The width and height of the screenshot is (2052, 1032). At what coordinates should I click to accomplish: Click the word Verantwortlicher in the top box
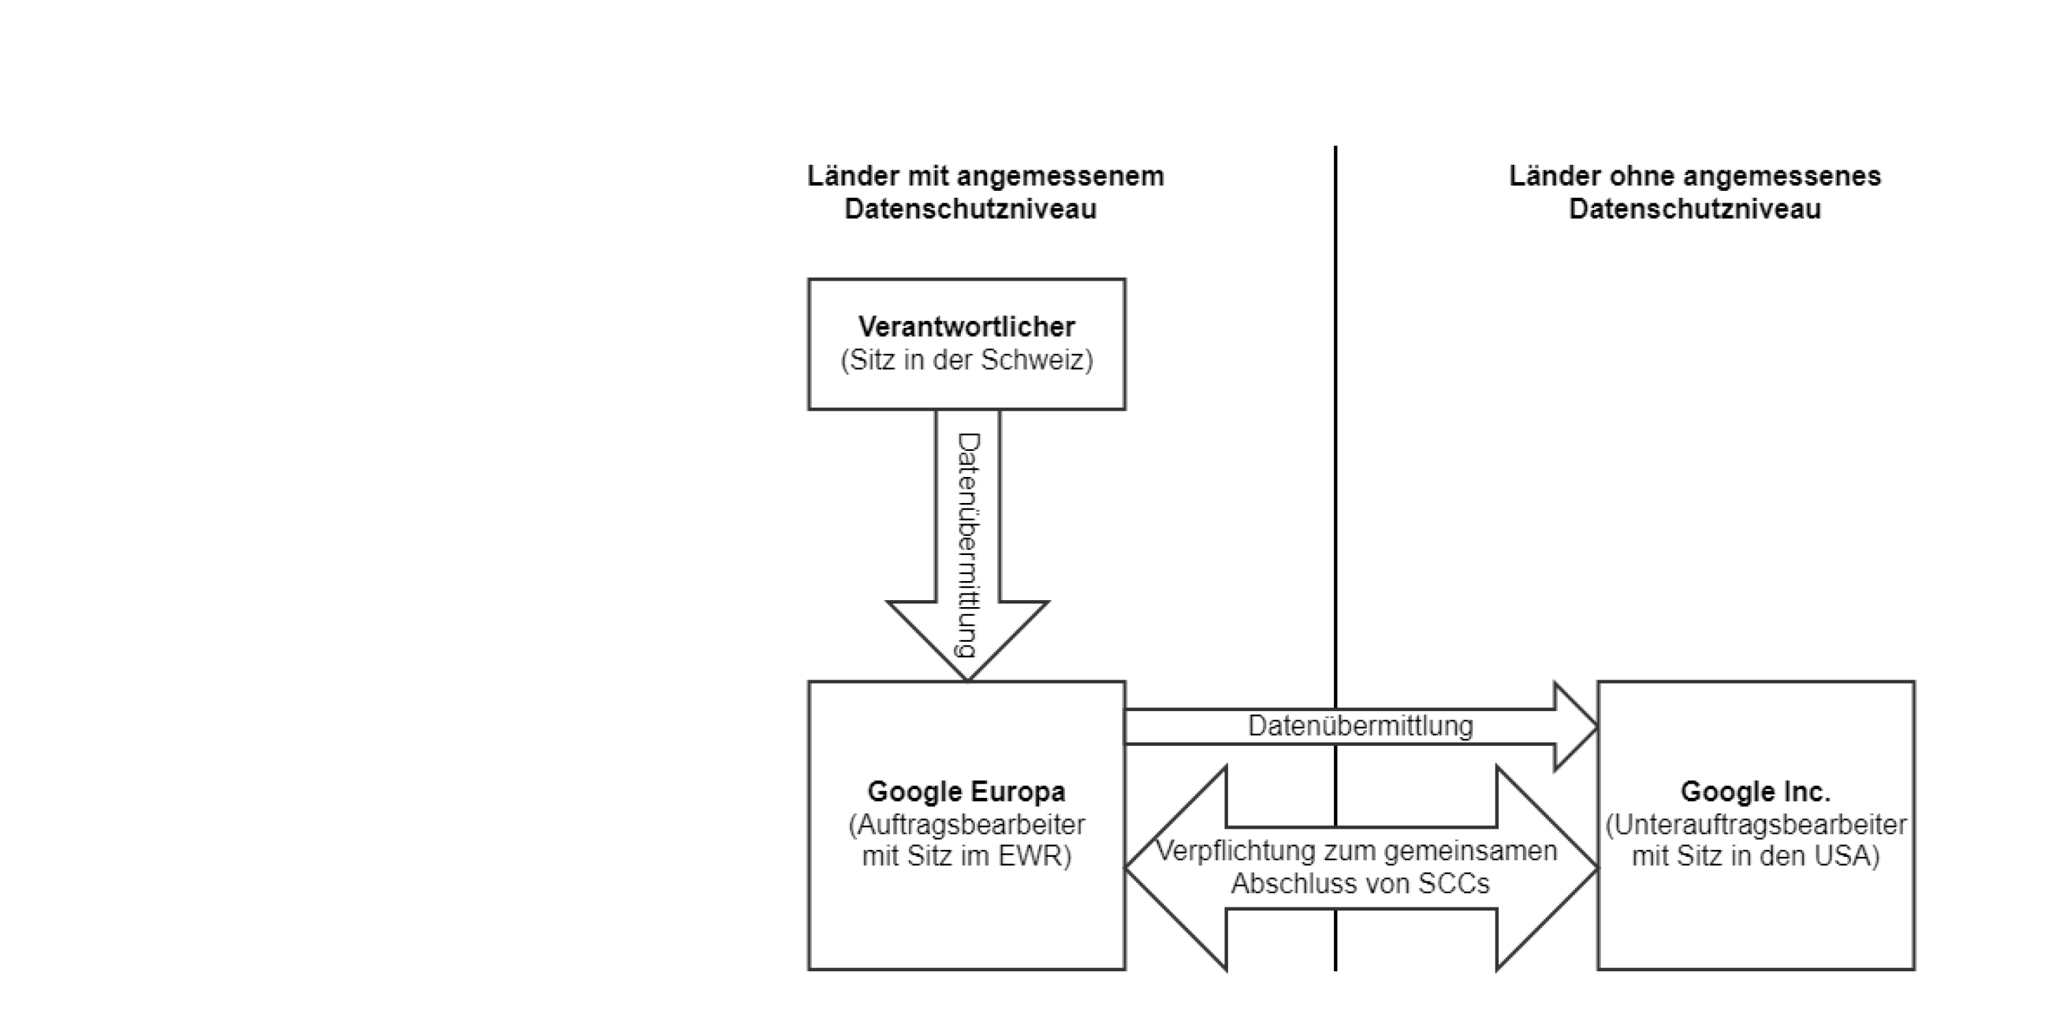[966, 326]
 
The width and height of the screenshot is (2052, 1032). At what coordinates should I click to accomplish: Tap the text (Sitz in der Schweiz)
[966, 360]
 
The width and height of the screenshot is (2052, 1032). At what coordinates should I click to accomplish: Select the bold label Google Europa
[966, 792]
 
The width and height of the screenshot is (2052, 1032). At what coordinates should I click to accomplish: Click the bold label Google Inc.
[1756, 792]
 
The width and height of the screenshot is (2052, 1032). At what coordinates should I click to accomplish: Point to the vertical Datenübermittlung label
[968, 545]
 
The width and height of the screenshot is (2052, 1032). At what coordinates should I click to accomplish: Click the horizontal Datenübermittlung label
[1361, 725]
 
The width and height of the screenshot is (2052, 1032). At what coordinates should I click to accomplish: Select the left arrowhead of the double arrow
[1175, 868]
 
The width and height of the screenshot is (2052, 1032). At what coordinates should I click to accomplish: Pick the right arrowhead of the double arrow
[1548, 868]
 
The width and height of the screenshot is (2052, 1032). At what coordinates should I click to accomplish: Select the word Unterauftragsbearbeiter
[1756, 824]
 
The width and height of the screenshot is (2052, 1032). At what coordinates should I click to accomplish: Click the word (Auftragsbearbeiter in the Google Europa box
[966, 824]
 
